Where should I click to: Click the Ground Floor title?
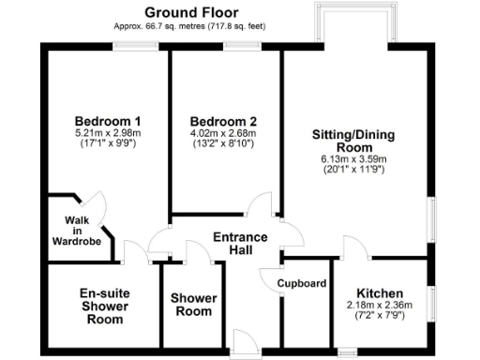coord(191,12)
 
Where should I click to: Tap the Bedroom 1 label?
coord(108,122)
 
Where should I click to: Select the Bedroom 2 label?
coord(223,122)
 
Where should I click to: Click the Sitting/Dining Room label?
coord(353,141)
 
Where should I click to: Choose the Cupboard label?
coord(302,283)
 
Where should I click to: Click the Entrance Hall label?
coord(240,244)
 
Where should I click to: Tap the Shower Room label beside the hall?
coord(193,305)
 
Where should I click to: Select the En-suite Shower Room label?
coord(103,306)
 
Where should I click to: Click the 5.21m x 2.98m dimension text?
coord(108,134)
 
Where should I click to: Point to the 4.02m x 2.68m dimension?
coord(223,134)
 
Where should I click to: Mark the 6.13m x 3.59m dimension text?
coord(353,159)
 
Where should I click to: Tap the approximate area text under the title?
coord(191,26)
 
